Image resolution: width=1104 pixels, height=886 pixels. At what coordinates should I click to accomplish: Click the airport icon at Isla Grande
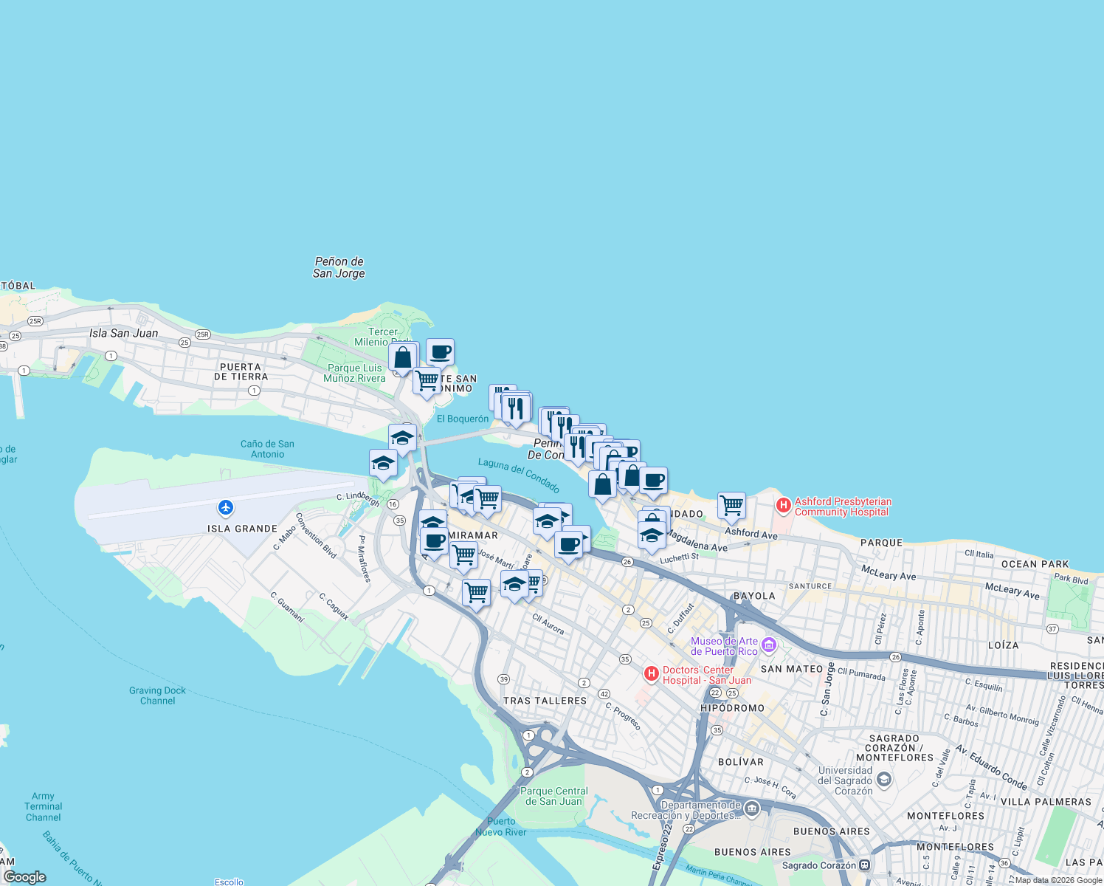(226, 507)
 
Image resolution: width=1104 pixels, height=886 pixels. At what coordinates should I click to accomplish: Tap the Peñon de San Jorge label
(339, 267)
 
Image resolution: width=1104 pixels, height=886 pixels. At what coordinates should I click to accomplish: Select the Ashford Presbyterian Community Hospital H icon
(783, 506)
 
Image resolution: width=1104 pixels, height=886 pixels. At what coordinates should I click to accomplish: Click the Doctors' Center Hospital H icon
(651, 673)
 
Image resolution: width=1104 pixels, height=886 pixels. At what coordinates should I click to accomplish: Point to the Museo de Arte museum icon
(768, 645)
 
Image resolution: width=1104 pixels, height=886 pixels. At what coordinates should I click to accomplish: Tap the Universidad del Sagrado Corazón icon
(884, 779)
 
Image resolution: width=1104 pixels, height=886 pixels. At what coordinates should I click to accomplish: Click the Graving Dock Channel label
(157, 696)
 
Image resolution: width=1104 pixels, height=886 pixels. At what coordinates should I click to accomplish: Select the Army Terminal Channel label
(43, 806)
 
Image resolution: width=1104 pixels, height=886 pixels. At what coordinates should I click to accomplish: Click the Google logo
(25, 877)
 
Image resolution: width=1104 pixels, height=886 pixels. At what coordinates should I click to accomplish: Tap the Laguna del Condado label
(519, 474)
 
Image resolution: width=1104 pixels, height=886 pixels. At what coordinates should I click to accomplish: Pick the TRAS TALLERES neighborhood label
(545, 701)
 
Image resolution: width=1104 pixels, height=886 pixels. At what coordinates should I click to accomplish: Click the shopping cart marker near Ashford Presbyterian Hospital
(731, 506)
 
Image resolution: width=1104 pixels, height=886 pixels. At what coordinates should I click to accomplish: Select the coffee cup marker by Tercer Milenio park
(440, 352)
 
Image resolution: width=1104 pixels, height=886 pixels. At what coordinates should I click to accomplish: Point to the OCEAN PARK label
(1035, 564)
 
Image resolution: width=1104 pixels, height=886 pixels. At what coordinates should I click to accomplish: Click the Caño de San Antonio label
(267, 449)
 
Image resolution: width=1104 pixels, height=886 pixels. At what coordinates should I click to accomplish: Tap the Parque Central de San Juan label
(554, 796)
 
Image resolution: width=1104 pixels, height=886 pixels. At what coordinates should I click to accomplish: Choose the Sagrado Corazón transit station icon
(864, 865)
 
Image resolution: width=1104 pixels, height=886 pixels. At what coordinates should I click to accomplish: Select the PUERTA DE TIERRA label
(241, 371)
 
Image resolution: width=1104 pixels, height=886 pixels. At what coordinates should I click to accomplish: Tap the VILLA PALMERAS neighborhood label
(1046, 802)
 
